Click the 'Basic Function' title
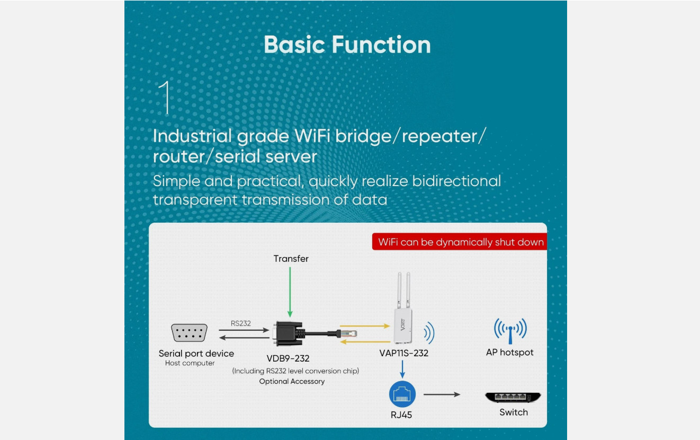click(x=347, y=45)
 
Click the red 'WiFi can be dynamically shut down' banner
click(x=460, y=242)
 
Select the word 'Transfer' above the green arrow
click(x=291, y=259)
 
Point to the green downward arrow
click(x=290, y=292)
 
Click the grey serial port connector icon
click(x=189, y=332)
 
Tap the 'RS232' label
click(x=240, y=323)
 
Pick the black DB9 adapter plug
click(x=289, y=333)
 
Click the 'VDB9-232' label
click(x=288, y=358)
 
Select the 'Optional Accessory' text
click(x=292, y=381)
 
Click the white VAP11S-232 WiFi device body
click(x=403, y=326)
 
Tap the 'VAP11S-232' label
click(x=404, y=353)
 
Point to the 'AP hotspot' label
click(x=510, y=353)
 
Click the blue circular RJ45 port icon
click(x=402, y=394)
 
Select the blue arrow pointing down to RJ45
click(x=402, y=369)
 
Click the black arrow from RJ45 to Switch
click(x=442, y=394)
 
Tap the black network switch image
click(x=513, y=397)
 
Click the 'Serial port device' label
click(x=196, y=354)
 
